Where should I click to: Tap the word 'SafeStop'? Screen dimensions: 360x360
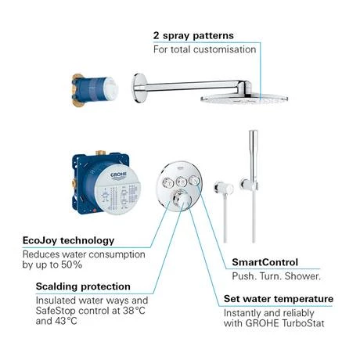pyautogui.click(x=56, y=311)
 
